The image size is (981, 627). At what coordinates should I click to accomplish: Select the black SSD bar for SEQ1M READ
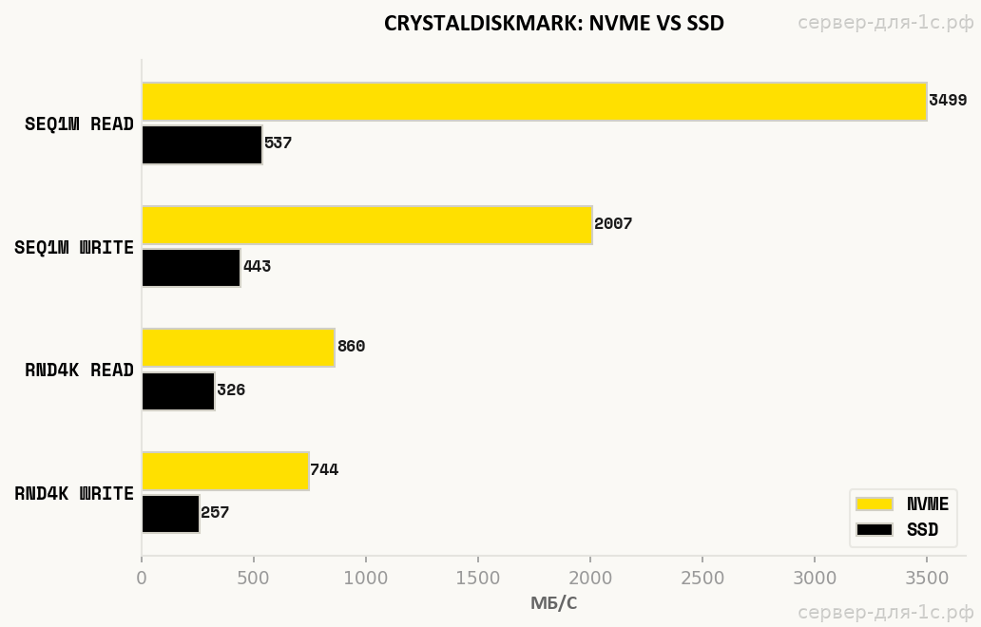202,144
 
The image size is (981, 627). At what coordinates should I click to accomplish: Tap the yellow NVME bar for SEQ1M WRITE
367,225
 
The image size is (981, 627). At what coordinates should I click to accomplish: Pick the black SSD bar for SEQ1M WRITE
191,268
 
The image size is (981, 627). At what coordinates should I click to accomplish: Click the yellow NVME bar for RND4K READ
239,348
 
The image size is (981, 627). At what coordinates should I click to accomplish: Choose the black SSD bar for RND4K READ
178,390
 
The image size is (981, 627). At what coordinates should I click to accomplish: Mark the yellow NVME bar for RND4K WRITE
225,471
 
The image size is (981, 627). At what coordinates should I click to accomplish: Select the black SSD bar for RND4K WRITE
170,514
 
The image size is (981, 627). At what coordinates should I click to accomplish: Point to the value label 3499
948,101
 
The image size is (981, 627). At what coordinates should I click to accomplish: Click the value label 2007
613,224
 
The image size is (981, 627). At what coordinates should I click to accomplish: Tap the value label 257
215,513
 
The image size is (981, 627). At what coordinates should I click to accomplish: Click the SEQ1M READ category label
79,123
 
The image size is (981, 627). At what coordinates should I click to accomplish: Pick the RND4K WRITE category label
74,494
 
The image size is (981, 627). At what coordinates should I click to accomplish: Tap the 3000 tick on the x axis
815,578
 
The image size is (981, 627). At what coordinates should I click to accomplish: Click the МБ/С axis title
553,603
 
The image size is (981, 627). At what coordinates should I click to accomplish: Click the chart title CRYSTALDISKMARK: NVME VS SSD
553,24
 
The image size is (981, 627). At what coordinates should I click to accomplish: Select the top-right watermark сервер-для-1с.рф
886,23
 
